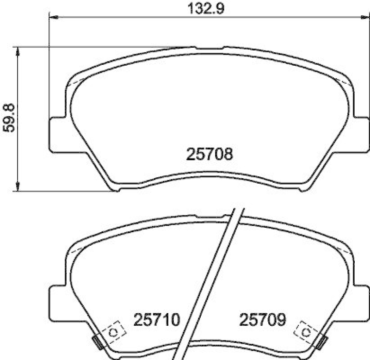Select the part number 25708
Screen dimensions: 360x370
tap(209, 154)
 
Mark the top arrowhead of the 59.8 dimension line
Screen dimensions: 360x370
tap(18, 51)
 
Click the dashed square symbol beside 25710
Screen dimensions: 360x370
tap(112, 331)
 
